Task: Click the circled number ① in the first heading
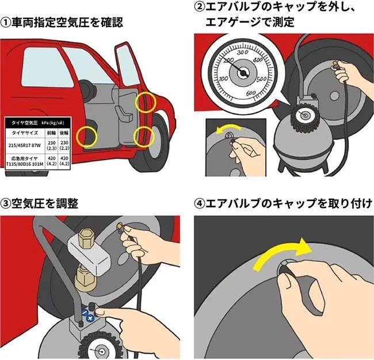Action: point(6,24)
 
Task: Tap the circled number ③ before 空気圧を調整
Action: point(6,204)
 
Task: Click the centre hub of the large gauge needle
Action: point(244,73)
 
